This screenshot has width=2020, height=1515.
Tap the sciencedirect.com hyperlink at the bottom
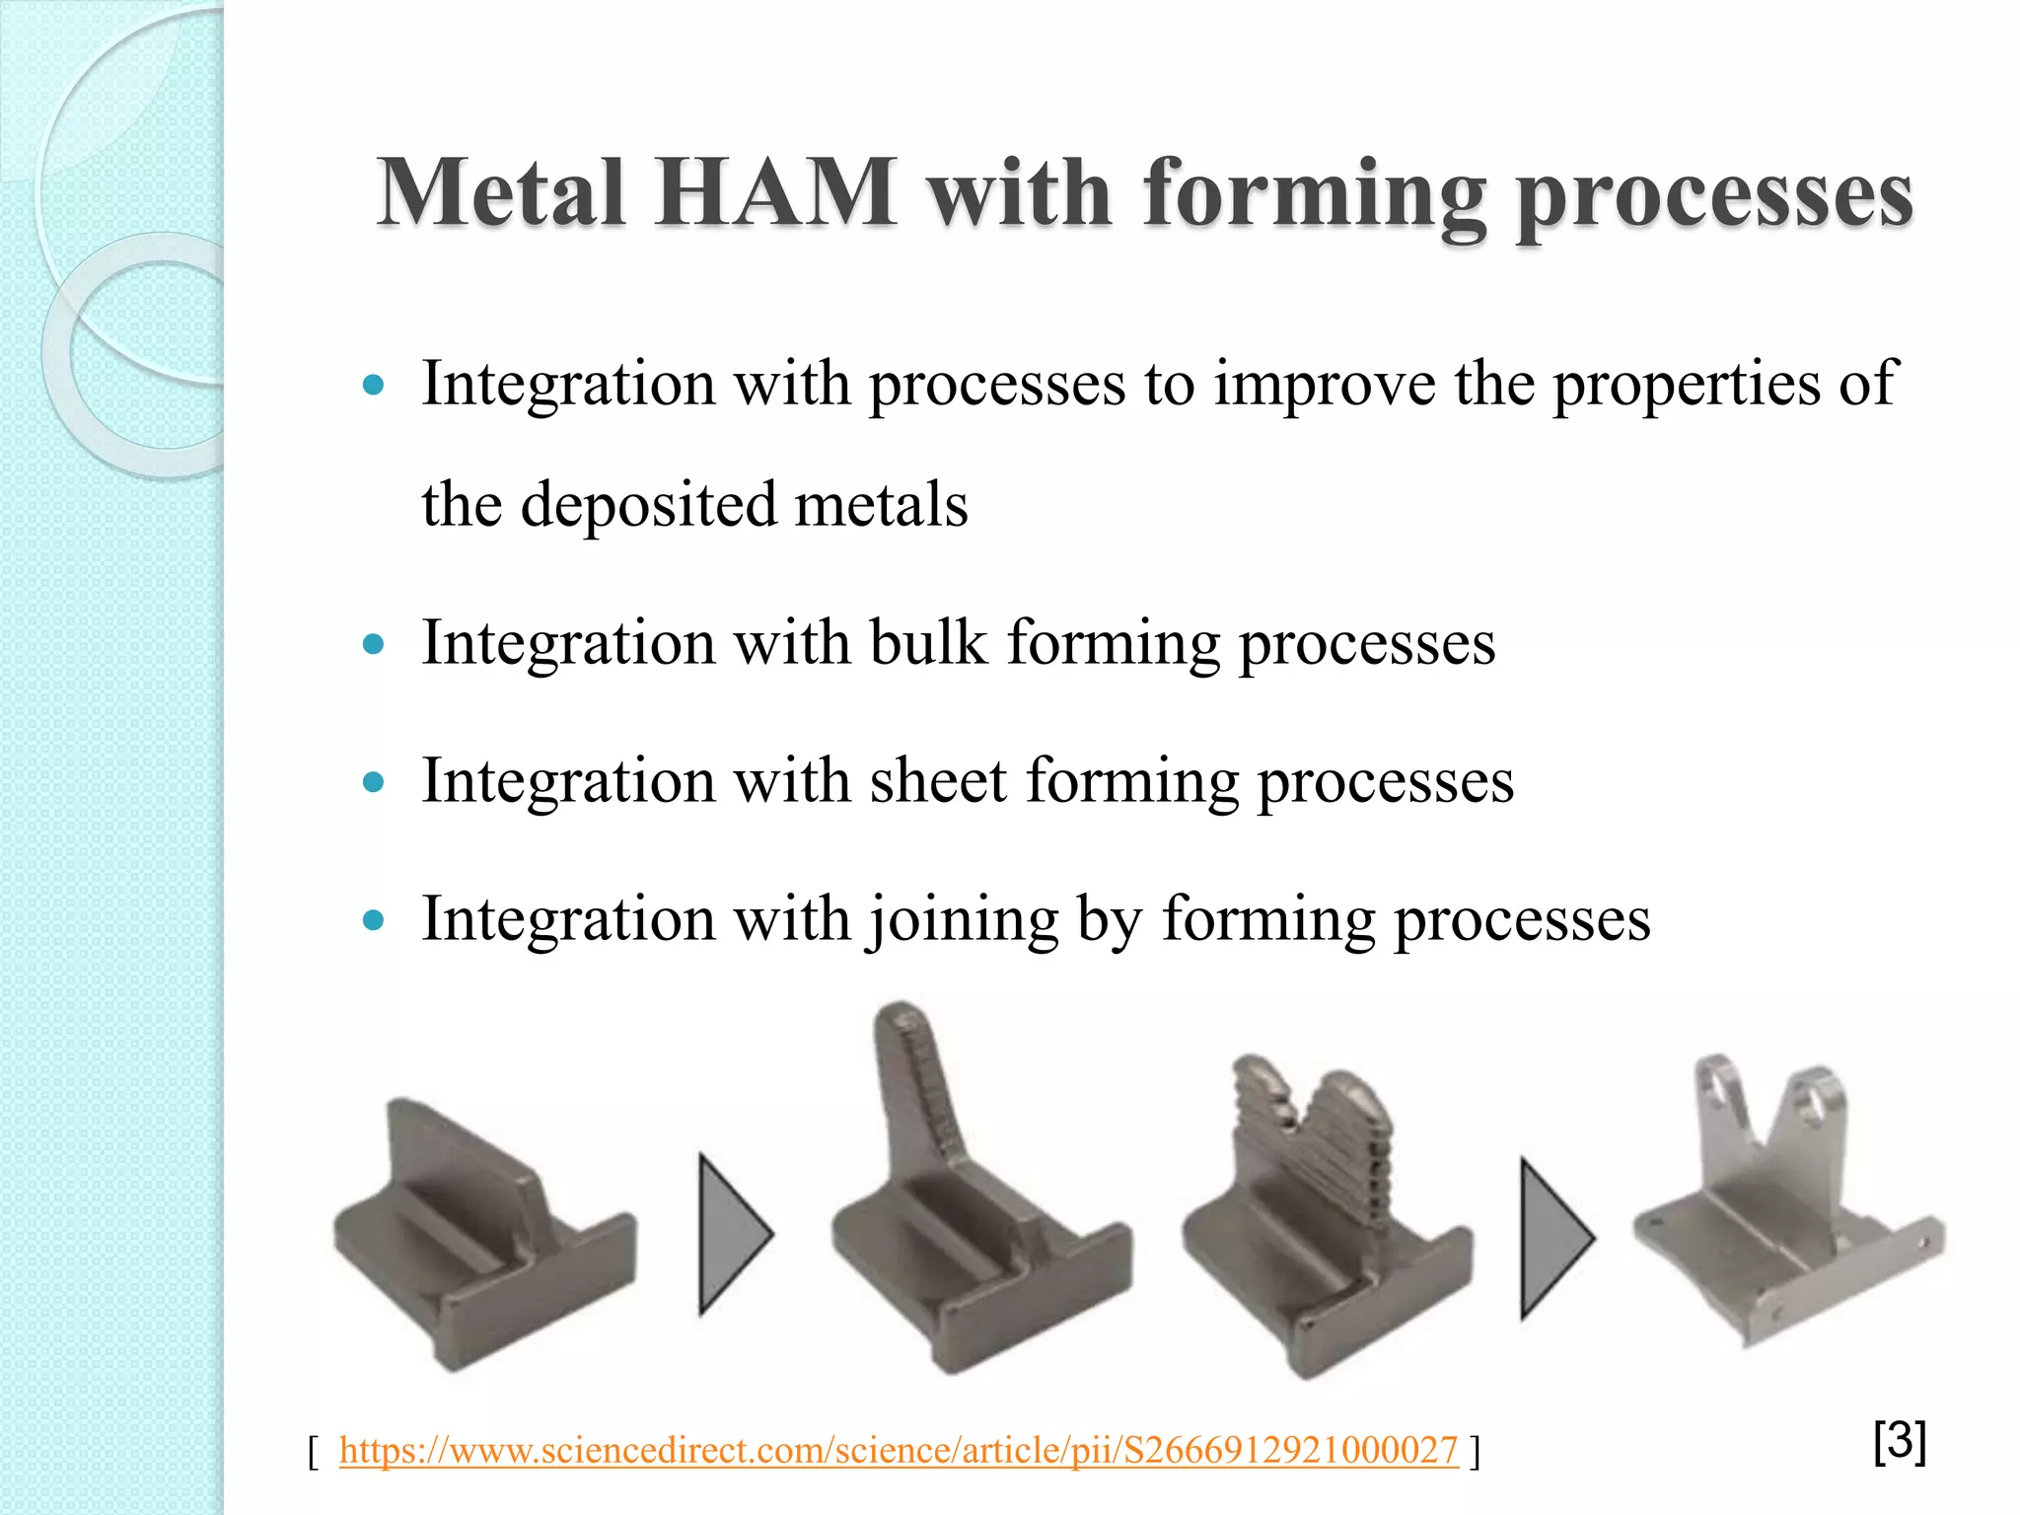click(x=898, y=1450)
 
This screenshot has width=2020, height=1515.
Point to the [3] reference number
click(x=1899, y=1442)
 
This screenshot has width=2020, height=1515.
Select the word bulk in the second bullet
click(x=927, y=643)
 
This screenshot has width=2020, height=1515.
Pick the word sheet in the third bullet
click(x=937, y=781)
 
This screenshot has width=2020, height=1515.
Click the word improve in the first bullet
click(x=1324, y=385)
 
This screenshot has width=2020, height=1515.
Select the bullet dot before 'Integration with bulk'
click(x=373, y=646)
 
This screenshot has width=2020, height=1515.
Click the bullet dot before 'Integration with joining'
click(x=373, y=922)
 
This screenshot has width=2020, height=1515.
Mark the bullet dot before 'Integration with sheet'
click(x=373, y=784)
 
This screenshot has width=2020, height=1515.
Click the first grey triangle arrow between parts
click(x=732, y=1233)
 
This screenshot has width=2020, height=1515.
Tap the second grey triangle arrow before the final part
click(x=1552, y=1238)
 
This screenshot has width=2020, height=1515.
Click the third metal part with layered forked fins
click(x=1322, y=1213)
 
